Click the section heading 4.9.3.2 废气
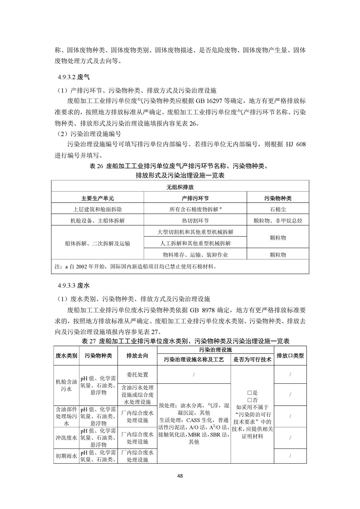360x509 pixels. [73, 77]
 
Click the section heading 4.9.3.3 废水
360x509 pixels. [73, 286]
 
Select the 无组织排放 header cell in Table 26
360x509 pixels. [180, 187]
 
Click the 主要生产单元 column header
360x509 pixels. [98, 198]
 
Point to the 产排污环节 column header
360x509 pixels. [195, 198]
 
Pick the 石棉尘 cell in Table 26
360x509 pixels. [278, 209]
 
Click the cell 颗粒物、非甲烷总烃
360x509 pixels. [278, 221]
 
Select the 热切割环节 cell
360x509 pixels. [195, 221]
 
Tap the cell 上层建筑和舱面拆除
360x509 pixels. [98, 209]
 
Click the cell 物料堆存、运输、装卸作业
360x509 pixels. [195, 255]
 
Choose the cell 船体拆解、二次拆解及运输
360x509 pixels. [98, 243]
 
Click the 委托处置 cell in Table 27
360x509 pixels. [137, 375]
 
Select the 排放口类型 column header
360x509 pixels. [290, 355]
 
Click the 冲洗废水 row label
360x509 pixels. [66, 438]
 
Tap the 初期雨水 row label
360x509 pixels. [66, 456]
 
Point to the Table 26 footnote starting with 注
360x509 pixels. [135, 267]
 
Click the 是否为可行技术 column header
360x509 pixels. [252, 359]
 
